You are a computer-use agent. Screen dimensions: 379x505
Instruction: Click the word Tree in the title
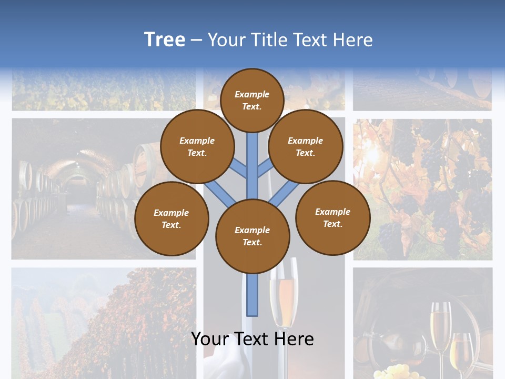pyautogui.click(x=164, y=40)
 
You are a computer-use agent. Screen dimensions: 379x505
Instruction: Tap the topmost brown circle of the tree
pyautogui.click(x=252, y=100)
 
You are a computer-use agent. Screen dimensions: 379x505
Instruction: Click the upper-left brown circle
pyautogui.click(x=197, y=146)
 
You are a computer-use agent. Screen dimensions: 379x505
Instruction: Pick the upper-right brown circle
pyautogui.click(x=305, y=146)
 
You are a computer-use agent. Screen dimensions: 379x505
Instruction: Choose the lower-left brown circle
pyautogui.click(x=171, y=218)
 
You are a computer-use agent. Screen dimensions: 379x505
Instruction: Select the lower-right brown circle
pyautogui.click(x=332, y=217)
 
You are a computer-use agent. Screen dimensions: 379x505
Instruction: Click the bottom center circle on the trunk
pyautogui.click(x=252, y=236)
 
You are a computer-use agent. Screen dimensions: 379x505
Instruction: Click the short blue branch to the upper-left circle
pyautogui.click(x=239, y=168)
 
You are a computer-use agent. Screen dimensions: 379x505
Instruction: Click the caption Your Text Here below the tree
pyautogui.click(x=252, y=339)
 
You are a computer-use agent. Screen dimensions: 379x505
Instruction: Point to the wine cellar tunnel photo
pyautogui.click(x=79, y=189)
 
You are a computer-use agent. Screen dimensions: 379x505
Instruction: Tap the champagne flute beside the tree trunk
pyautogui.click(x=283, y=300)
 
